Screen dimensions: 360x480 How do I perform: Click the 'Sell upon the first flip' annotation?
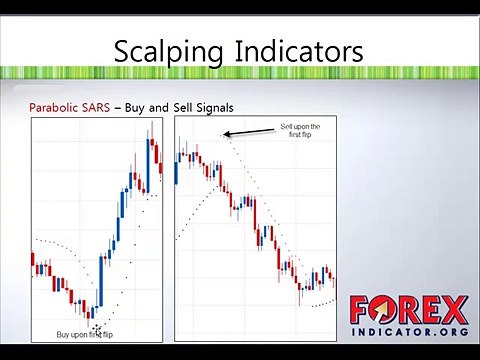click(300, 131)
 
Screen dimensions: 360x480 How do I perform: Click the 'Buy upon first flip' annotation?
click(84, 334)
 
